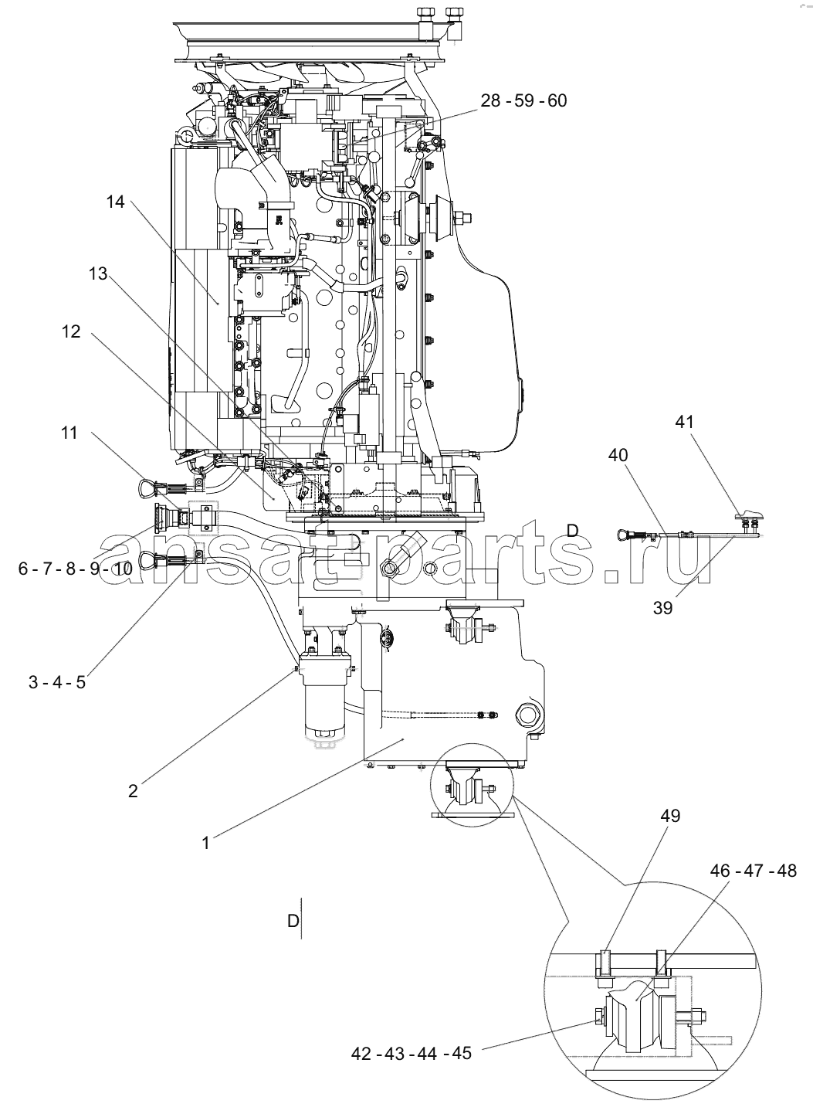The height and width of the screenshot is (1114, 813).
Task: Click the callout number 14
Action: pyautogui.click(x=115, y=202)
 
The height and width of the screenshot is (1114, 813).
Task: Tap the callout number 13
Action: pyautogui.click(x=98, y=273)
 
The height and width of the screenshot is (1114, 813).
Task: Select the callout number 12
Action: pyautogui.click(x=71, y=331)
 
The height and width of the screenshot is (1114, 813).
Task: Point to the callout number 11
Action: pyautogui.click(x=69, y=433)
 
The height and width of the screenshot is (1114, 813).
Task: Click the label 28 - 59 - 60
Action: pyautogui.click(x=523, y=100)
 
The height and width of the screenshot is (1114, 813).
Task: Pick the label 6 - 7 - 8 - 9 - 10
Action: pyautogui.click(x=76, y=568)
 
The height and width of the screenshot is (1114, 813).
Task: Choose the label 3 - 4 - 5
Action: pyautogui.click(x=57, y=682)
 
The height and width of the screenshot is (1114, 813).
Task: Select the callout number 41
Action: pyautogui.click(x=684, y=422)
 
